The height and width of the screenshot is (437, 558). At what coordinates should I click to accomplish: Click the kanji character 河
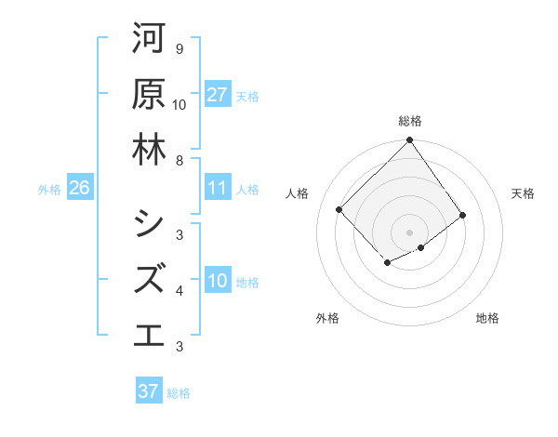click(x=149, y=38)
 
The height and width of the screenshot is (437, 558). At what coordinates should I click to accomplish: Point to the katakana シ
click(x=149, y=223)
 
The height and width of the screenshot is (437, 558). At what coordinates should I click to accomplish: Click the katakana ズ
click(x=149, y=279)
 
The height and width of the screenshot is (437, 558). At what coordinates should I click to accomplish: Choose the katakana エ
click(x=149, y=335)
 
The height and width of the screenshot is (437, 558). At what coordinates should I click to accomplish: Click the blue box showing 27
click(x=218, y=95)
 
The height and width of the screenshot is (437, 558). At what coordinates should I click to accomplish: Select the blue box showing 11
click(x=218, y=188)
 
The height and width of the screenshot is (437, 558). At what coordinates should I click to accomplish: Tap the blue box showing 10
click(x=218, y=281)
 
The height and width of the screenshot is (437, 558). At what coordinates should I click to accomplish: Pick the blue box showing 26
click(x=79, y=188)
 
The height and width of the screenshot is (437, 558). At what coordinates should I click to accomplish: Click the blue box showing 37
click(x=149, y=391)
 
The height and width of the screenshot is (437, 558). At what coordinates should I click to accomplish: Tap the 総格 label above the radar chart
click(x=410, y=121)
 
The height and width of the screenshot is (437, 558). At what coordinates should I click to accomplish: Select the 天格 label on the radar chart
click(x=523, y=193)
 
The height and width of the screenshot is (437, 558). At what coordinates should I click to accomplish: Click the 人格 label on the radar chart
click(x=298, y=193)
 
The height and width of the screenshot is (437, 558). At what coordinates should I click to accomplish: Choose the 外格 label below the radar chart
click(x=326, y=318)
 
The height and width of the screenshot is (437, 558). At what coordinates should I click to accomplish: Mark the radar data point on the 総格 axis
click(x=410, y=142)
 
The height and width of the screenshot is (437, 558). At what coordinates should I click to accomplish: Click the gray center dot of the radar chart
click(x=410, y=232)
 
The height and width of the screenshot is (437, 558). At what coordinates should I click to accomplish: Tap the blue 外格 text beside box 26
click(x=49, y=189)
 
